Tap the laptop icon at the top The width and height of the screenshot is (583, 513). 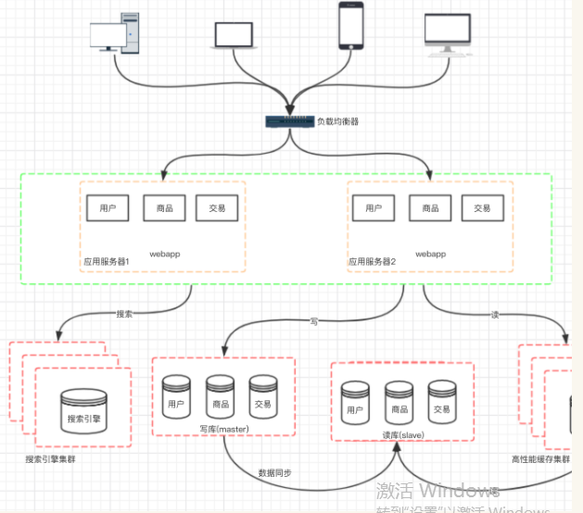tap(234, 34)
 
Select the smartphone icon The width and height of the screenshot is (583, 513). tap(350, 26)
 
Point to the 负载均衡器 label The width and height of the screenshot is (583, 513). tap(337, 121)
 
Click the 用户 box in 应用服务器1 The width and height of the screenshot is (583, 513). tap(107, 208)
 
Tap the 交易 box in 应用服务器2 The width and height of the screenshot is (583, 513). tap(482, 208)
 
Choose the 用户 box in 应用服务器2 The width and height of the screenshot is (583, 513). tap(374, 208)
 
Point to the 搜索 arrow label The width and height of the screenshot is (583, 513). tap(124, 313)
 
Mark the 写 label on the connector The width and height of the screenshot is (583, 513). tap(314, 321)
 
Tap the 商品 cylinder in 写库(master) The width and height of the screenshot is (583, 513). tap(221, 395)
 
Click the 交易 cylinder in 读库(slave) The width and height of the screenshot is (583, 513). tap(441, 401)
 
